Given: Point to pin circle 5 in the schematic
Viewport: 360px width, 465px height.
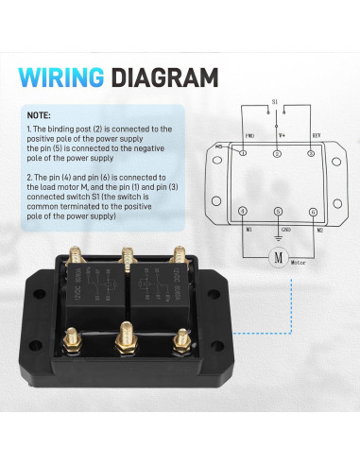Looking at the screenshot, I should pos(278,211).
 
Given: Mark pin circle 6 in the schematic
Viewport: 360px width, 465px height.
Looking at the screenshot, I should pos(313,211).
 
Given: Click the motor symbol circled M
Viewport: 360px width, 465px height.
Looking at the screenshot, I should pos(278,256).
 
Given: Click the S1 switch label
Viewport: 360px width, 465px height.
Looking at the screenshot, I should pos(274,100).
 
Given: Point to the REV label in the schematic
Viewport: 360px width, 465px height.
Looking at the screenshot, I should pos(317,135).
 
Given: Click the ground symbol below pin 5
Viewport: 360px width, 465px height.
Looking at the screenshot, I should pos(278,236).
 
